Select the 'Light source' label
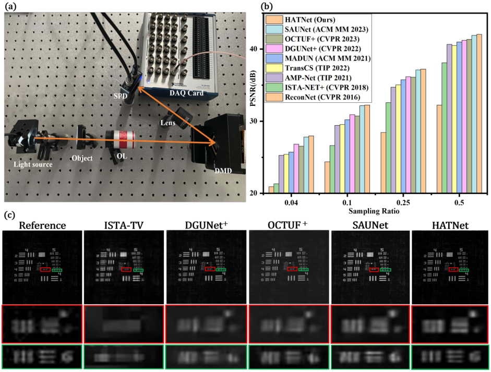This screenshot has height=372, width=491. (x=33, y=165)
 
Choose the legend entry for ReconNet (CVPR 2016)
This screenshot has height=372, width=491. (x=318, y=97)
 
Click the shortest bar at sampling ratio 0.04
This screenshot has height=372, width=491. (x=271, y=190)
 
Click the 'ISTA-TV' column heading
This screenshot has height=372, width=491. (x=124, y=225)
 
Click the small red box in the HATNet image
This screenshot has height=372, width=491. (x=453, y=270)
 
